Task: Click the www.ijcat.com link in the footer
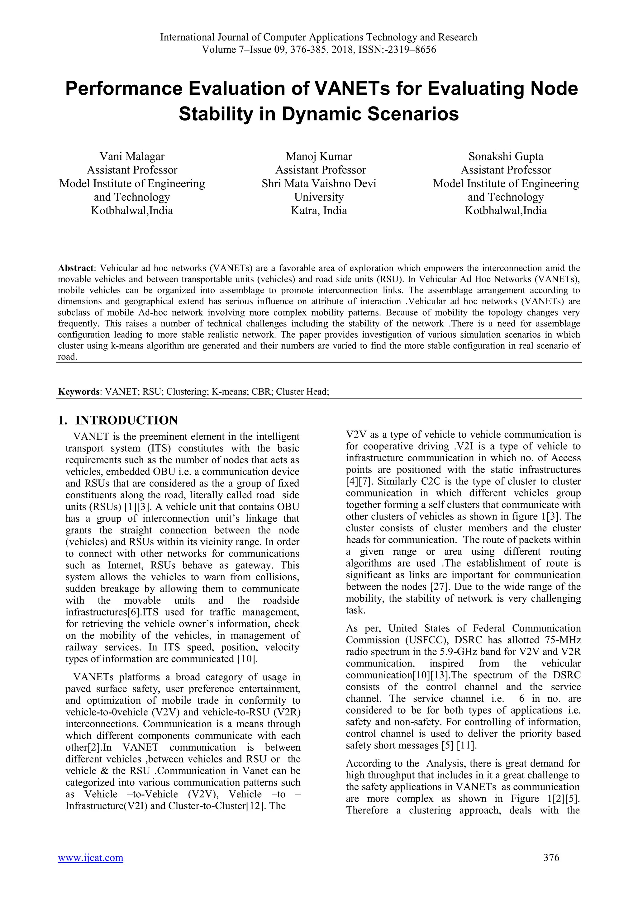point(90,857)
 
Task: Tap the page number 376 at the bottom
point(551,857)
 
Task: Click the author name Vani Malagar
point(132,156)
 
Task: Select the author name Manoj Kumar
point(319,156)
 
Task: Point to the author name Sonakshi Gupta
point(506,156)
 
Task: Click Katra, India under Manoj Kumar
point(319,211)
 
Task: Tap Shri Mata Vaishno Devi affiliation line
point(319,183)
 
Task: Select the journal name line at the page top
point(319,37)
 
